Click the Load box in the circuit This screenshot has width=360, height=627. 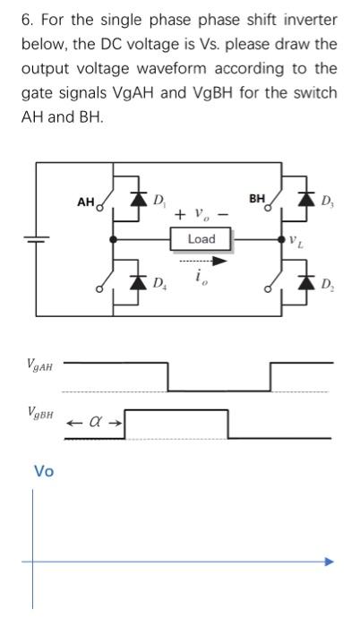(x=201, y=239)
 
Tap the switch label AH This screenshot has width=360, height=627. (x=86, y=202)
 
